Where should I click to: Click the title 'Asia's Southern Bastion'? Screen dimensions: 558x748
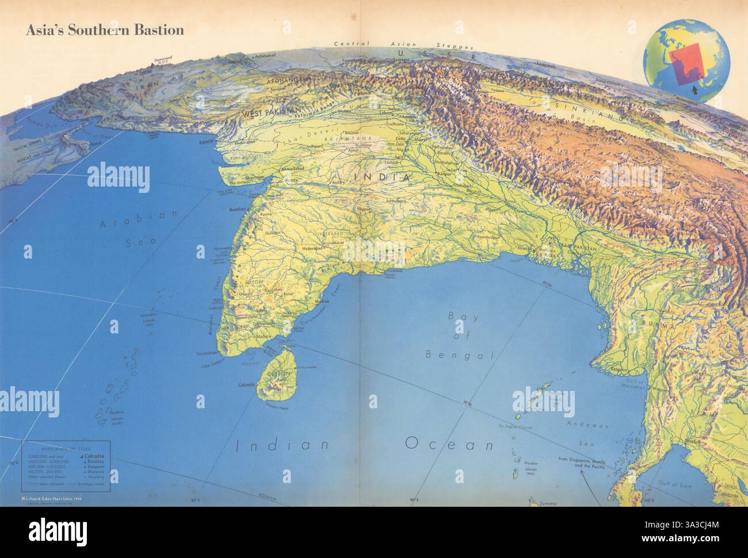click(x=104, y=31)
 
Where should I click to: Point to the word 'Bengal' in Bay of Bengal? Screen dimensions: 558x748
click(x=460, y=355)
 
